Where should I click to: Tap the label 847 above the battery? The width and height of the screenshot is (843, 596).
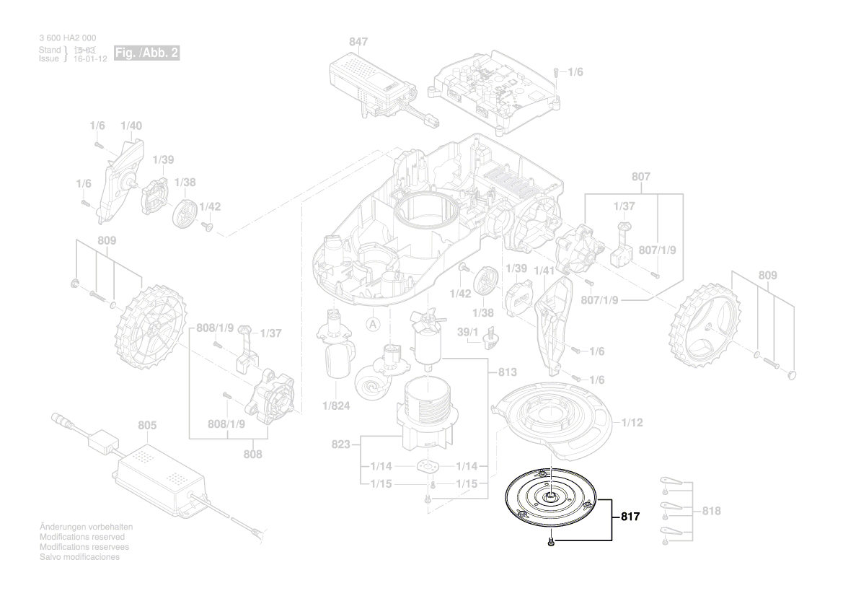(x=358, y=43)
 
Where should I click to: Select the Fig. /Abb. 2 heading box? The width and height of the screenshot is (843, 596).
(x=146, y=53)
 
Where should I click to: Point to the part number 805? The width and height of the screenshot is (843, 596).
(x=147, y=426)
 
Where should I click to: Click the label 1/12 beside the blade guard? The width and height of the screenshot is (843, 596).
(x=632, y=423)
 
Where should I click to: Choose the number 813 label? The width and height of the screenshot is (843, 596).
(x=508, y=373)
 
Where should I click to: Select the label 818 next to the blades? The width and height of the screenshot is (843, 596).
(x=711, y=511)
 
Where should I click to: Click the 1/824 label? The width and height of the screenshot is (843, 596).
(x=336, y=406)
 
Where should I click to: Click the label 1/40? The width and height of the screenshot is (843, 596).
(x=131, y=126)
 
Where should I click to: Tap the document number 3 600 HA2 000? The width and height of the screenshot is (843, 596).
(x=67, y=38)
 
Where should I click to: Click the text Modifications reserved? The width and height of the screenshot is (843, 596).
(x=82, y=538)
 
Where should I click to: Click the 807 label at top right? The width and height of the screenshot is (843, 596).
(x=640, y=177)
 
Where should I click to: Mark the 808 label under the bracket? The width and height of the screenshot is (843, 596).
(x=253, y=455)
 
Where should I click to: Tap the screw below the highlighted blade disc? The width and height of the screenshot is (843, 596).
(x=551, y=541)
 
